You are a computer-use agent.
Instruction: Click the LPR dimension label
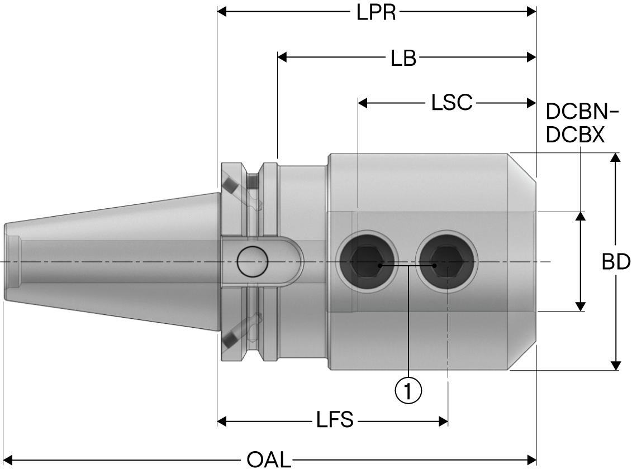pos(376,12)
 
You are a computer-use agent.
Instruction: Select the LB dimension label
pos(403,58)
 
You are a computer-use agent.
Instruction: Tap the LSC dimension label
pos(452,103)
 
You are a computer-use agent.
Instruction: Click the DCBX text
pos(575,135)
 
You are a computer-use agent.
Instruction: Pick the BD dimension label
pos(616,262)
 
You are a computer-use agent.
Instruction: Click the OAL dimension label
pos(269,461)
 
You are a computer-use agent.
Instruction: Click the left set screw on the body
pos(366,261)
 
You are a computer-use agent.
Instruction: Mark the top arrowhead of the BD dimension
pos(616,157)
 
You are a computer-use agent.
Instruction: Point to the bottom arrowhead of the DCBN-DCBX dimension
pos(581,306)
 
